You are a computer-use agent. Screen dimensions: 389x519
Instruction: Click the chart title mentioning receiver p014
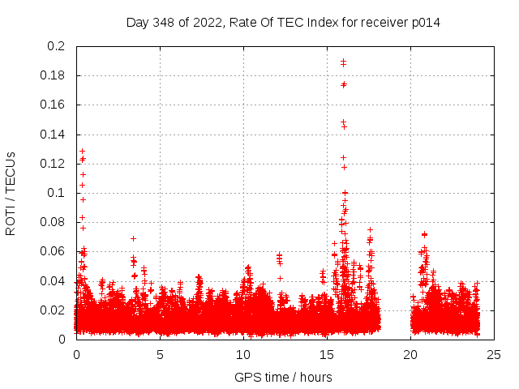pyautogui.click(x=283, y=22)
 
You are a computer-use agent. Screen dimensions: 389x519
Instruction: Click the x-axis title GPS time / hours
pyautogui.click(x=283, y=377)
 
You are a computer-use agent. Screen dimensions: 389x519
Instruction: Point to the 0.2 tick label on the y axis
pyautogui.click(x=57, y=46)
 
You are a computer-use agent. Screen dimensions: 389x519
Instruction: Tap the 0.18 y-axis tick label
pyautogui.click(x=54, y=75)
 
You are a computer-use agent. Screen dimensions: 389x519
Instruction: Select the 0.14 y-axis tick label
pyautogui.click(x=54, y=135)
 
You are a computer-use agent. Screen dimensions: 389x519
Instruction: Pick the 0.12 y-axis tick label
pyautogui.click(x=54, y=164)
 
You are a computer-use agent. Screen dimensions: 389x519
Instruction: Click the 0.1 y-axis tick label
pyautogui.click(x=57, y=193)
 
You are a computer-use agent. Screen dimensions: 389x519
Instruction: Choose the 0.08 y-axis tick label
pyautogui.click(x=54, y=222)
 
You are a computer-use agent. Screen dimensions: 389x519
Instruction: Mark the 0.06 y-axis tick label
pyautogui.click(x=54, y=251)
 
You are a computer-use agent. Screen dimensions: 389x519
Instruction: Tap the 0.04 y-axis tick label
pyautogui.click(x=54, y=280)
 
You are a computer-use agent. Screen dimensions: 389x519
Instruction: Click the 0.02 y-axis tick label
pyautogui.click(x=54, y=310)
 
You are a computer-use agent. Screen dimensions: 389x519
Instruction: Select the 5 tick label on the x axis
pyautogui.click(x=160, y=354)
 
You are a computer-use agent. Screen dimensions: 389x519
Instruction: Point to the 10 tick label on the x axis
pyautogui.click(x=243, y=354)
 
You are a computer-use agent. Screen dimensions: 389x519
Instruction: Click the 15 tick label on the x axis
pyautogui.click(x=327, y=354)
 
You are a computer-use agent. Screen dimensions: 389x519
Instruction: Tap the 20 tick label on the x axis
pyautogui.click(x=410, y=354)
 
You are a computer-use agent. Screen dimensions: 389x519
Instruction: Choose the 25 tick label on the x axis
pyautogui.click(x=494, y=354)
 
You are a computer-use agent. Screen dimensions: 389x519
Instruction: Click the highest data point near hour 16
pyautogui.click(x=343, y=61)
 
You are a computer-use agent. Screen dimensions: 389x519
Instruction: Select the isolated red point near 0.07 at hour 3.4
pyautogui.click(x=133, y=238)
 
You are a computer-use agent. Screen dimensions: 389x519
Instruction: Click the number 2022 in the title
pyautogui.click(x=207, y=22)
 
